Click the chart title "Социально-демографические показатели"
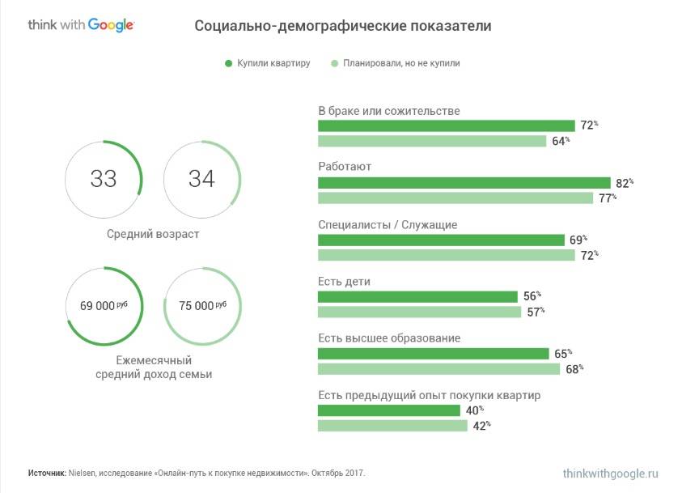coord(342,26)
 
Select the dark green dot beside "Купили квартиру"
coord(229,63)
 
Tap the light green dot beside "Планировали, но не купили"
coord(334,63)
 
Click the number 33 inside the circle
coord(104,179)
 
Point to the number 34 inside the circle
coord(201,179)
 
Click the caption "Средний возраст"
coord(153,234)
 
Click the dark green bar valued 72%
coord(446,125)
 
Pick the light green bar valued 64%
coord(432,141)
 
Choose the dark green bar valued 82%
coord(464,183)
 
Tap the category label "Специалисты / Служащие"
coord(388,224)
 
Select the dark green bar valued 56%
coord(417,296)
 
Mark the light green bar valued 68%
coord(438,369)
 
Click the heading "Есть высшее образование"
coord(389,338)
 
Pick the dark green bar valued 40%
coord(389,410)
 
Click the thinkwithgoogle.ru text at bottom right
coord(611,473)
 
